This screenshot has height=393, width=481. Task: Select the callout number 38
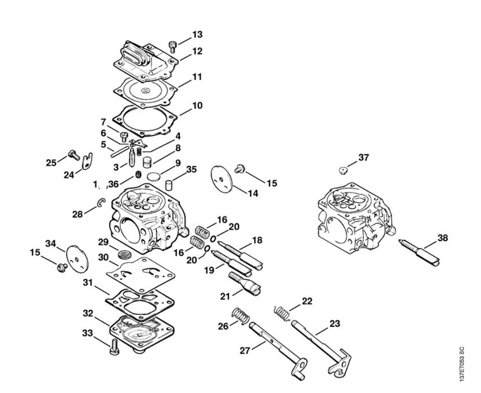coord(443,238)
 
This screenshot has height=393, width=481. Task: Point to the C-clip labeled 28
coord(100,202)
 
